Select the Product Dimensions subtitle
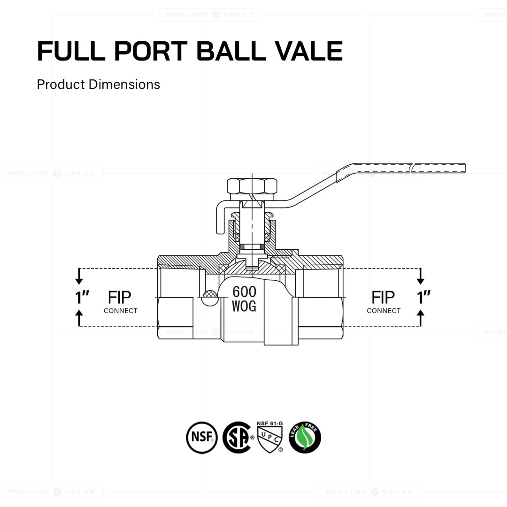pyautogui.click(x=99, y=84)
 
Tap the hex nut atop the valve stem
pyautogui.click(x=252, y=186)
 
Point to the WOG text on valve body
pyautogui.click(x=244, y=307)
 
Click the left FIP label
pyautogui.click(x=120, y=297)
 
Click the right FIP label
pyautogui.click(x=383, y=297)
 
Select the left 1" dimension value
pyautogui.click(x=82, y=297)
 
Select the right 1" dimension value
pyautogui.click(x=423, y=297)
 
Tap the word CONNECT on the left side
pyautogui.click(x=121, y=311)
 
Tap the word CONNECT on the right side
pyautogui.click(x=384, y=311)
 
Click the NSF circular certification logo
pyautogui.click(x=202, y=438)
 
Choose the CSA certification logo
pyautogui.click(x=237, y=438)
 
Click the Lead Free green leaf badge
pyautogui.click(x=305, y=438)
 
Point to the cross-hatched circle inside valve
pyautogui.click(x=209, y=294)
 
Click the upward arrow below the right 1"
pyautogui.click(x=420, y=317)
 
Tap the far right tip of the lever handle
pyautogui.click(x=464, y=168)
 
